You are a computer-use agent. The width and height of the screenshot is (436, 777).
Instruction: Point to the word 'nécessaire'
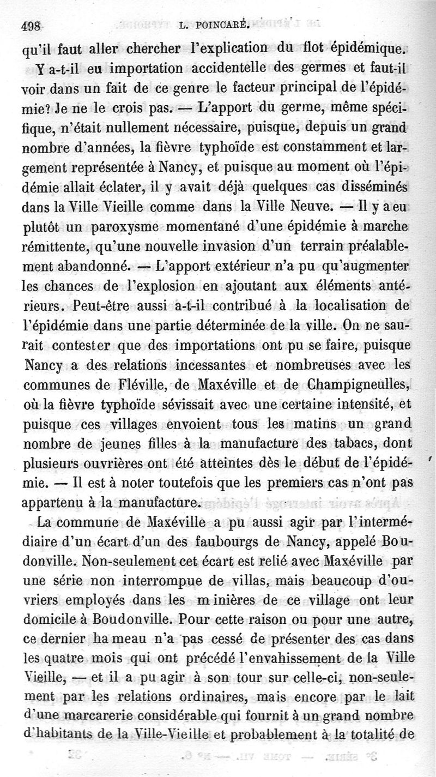tap(210, 128)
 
